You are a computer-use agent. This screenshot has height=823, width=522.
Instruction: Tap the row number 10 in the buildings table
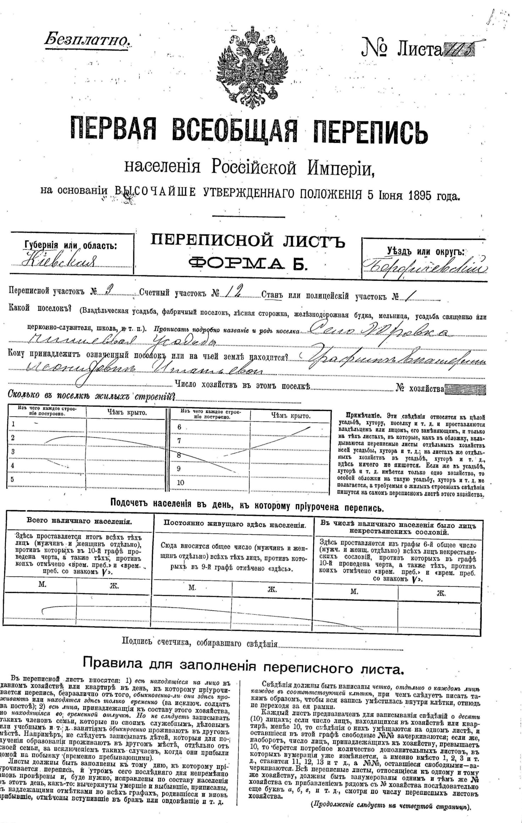click(181, 483)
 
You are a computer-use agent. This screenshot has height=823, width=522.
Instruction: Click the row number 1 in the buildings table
click(13, 424)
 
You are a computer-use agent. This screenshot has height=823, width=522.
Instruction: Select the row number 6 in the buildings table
click(179, 427)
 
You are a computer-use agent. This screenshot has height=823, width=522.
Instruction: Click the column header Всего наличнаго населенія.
click(79, 521)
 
